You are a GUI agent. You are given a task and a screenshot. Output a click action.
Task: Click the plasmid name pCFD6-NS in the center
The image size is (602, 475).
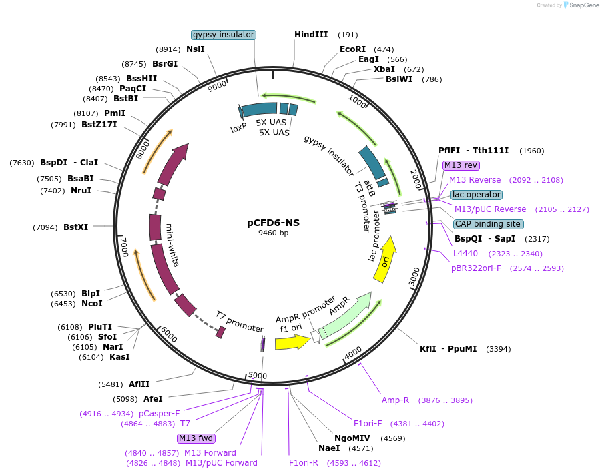click(x=273, y=223)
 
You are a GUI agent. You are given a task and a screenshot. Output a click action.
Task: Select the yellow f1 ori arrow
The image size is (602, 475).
click(x=292, y=342)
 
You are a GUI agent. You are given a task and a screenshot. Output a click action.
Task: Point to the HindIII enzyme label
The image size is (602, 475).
click(x=311, y=35)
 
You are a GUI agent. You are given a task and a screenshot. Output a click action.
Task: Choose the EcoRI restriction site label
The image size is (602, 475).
click(x=352, y=49)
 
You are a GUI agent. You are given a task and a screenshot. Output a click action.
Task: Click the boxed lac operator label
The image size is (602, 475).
click(x=476, y=195)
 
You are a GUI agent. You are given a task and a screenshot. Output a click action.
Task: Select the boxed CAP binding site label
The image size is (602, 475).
click(x=488, y=224)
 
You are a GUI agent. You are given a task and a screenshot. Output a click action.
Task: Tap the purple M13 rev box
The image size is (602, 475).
click(x=461, y=165)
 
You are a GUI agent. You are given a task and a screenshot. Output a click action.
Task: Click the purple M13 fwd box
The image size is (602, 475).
click(x=196, y=438)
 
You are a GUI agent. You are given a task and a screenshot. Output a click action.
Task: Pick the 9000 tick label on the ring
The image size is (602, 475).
click(x=218, y=86)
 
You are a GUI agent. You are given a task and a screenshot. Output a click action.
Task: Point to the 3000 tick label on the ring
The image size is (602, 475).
click(x=414, y=277)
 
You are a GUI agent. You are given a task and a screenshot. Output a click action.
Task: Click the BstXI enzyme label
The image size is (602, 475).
click(x=75, y=227)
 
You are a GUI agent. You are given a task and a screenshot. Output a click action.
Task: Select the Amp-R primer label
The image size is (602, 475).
click(x=395, y=400)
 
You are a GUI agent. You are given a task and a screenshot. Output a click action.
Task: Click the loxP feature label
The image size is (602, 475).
click(x=238, y=128)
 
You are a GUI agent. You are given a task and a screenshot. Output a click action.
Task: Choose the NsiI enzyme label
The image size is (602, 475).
click(x=196, y=49)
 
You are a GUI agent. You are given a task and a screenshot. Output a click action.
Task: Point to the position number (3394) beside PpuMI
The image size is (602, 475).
click(x=499, y=349)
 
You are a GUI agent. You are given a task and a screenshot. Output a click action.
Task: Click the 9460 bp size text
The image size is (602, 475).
click(x=273, y=233)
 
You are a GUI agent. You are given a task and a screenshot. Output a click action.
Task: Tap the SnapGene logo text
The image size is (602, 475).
click(x=583, y=5)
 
